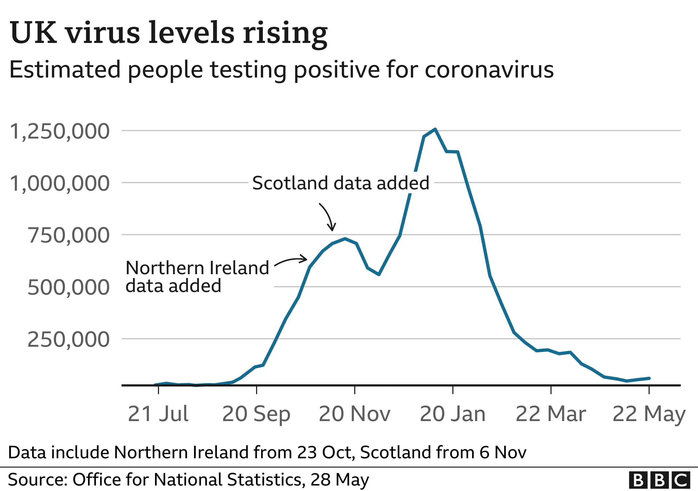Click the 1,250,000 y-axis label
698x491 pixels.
pyautogui.click(x=60, y=131)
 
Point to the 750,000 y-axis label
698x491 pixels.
pyautogui.click(x=68, y=235)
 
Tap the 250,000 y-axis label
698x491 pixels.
pyautogui.click(x=68, y=339)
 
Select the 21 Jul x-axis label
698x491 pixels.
pyautogui.click(x=158, y=414)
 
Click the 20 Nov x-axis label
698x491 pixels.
pyautogui.click(x=354, y=414)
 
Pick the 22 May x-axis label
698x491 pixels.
pyautogui.click(x=649, y=414)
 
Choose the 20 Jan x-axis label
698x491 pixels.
pyautogui.click(x=453, y=414)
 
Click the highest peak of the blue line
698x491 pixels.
pyautogui.click(x=435, y=129)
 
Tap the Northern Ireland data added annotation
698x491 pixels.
pyautogui.click(x=197, y=277)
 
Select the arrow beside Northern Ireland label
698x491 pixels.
pyautogui.click(x=291, y=261)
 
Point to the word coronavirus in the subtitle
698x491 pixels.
pyautogui.click(x=489, y=70)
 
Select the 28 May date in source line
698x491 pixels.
pyautogui.click(x=340, y=480)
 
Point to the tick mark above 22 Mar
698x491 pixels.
pyautogui.click(x=551, y=390)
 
